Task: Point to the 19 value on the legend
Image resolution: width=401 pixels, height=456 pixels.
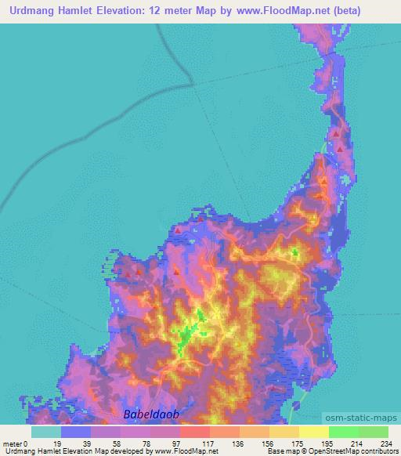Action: (62, 443)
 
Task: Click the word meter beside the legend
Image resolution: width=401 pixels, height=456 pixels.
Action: (13, 443)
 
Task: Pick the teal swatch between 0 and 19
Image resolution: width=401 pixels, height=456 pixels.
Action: (46, 432)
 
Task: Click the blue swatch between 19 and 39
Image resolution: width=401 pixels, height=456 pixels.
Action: (76, 432)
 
